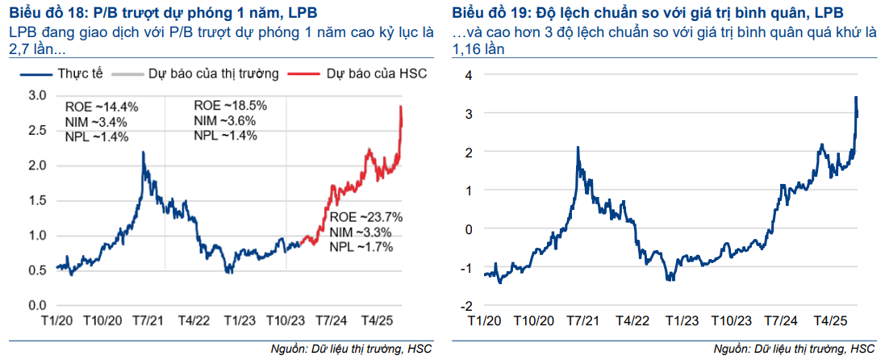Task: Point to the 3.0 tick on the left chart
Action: [x=37, y=95]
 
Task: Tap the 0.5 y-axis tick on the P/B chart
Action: [x=37, y=270]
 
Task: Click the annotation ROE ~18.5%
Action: [x=231, y=106]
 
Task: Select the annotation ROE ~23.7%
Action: [x=365, y=217]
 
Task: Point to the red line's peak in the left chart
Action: [x=401, y=107]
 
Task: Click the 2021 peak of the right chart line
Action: [x=578, y=148]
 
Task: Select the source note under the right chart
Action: [x=794, y=349]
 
